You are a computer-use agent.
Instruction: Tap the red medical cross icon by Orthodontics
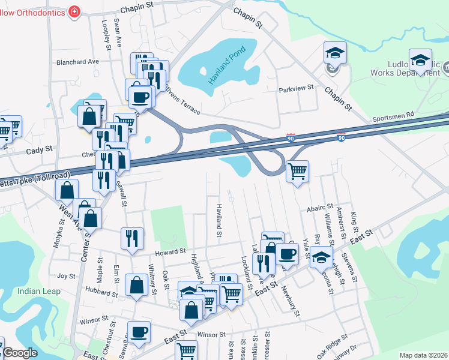point(74,11)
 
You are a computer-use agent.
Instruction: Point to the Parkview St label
point(297,88)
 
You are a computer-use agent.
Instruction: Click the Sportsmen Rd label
point(393,113)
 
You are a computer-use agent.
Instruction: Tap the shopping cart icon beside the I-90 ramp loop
point(297,172)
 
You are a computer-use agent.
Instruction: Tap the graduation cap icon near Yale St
point(321,257)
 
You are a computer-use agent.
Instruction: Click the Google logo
point(20,353)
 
